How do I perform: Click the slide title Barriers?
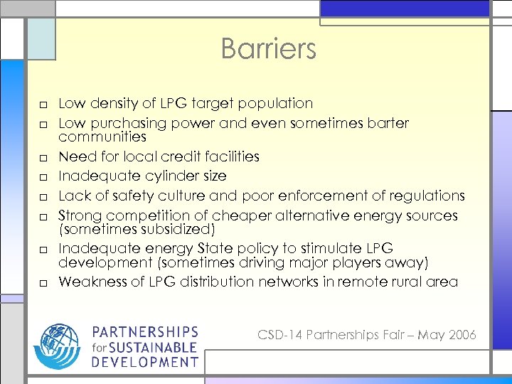268,49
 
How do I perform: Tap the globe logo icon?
58,346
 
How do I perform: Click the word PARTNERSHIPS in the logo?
144,333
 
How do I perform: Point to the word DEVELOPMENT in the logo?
144,362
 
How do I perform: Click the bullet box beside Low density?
44,105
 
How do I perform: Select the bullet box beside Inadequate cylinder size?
44,177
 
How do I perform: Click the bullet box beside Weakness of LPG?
44,283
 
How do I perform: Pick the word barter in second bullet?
388,123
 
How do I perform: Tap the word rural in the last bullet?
409,282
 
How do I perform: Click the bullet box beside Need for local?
44,157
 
